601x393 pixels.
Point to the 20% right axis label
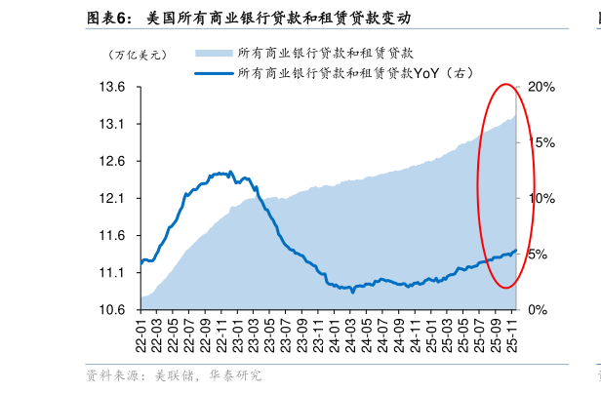click(x=541, y=87)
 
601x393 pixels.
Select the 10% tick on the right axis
click(x=541, y=199)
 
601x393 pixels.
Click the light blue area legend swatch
click(x=214, y=52)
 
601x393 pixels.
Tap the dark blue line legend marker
click(x=214, y=72)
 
